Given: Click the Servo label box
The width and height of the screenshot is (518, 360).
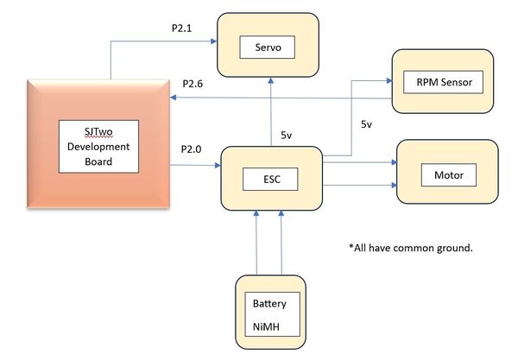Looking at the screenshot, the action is [x=267, y=47].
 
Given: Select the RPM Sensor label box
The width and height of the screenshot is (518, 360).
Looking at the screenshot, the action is [x=443, y=82].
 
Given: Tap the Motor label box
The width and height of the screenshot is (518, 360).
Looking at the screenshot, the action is [x=449, y=174].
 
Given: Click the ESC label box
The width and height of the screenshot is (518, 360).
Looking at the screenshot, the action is [x=270, y=180].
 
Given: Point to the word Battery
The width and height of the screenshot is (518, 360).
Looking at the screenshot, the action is [x=269, y=304].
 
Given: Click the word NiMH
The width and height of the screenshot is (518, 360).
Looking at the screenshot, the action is [x=266, y=327].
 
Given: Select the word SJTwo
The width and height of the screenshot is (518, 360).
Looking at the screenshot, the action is [x=98, y=132].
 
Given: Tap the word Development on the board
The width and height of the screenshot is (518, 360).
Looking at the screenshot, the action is [x=98, y=147].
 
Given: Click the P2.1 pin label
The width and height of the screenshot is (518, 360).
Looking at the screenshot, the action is [x=181, y=28].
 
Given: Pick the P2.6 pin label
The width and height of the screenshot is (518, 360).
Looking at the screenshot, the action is [x=193, y=84].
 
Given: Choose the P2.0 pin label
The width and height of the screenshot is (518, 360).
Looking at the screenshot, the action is [x=191, y=149].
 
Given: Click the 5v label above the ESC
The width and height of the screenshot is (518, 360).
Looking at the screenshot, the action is [x=286, y=135].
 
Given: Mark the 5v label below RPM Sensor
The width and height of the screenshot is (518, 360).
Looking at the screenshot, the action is [x=366, y=124].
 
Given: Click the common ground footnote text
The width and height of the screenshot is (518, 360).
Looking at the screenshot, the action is [x=411, y=248].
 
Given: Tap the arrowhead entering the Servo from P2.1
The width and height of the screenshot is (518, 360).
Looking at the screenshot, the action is [x=214, y=41].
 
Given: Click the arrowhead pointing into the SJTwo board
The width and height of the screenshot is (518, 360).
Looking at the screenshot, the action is [x=174, y=98].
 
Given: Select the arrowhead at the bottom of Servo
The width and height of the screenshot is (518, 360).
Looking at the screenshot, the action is [x=271, y=80].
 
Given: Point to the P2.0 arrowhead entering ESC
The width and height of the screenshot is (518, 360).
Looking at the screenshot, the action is [x=218, y=165].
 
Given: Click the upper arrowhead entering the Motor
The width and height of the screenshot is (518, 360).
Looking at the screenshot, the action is [x=394, y=162].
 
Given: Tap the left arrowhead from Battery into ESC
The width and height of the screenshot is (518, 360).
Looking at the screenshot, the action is [x=256, y=213].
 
